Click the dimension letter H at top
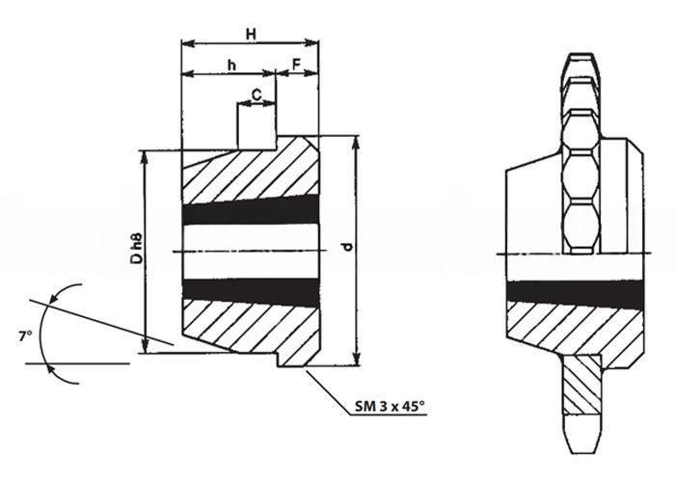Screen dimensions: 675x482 click(x=251, y=34)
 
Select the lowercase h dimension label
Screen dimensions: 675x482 click(x=232, y=66)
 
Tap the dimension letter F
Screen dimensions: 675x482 click(x=297, y=65)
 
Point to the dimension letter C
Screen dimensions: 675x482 click(x=256, y=94)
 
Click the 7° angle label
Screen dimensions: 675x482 click(x=25, y=336)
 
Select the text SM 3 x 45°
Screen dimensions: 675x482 click(x=390, y=406)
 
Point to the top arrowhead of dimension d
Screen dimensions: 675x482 click(x=356, y=143)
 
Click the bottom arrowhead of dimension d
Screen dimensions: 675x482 click(x=356, y=359)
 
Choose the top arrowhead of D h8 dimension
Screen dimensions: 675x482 click(x=145, y=158)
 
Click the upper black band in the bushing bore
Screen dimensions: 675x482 click(x=251, y=209)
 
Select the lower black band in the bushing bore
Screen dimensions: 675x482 click(x=251, y=292)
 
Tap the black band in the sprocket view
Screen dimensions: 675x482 click(x=576, y=293)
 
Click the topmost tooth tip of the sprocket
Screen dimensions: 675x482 click(x=581, y=54)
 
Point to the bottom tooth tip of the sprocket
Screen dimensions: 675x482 click(x=581, y=452)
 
